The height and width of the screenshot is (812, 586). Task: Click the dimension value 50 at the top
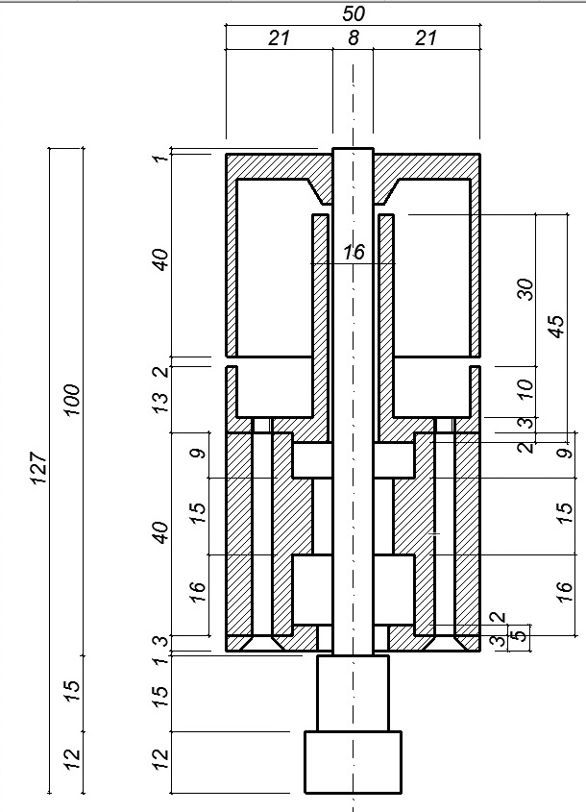click(x=354, y=14)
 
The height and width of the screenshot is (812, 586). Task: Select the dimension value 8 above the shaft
click(x=354, y=37)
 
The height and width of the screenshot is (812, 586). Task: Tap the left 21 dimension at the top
click(x=279, y=37)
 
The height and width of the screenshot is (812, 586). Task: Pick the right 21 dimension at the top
click(x=426, y=37)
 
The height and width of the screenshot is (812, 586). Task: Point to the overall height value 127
click(x=39, y=468)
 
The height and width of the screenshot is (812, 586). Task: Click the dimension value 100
click(x=72, y=399)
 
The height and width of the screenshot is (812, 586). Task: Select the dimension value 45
click(x=556, y=327)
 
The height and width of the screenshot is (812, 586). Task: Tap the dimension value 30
click(x=525, y=289)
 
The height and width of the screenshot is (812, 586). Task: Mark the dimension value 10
click(x=525, y=388)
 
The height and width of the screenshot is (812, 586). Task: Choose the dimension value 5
click(x=523, y=633)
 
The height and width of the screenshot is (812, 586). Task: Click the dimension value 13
click(x=161, y=403)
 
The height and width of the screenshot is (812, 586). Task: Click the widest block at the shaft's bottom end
click(x=353, y=762)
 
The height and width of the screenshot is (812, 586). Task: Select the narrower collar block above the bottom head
click(x=353, y=693)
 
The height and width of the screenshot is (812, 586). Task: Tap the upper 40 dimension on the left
click(x=161, y=259)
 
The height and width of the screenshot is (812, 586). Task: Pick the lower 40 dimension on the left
click(x=161, y=532)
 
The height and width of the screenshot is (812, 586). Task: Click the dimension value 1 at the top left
click(x=161, y=156)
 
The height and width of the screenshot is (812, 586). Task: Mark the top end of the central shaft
click(x=353, y=149)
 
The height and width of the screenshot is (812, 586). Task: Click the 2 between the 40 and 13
click(x=161, y=371)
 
